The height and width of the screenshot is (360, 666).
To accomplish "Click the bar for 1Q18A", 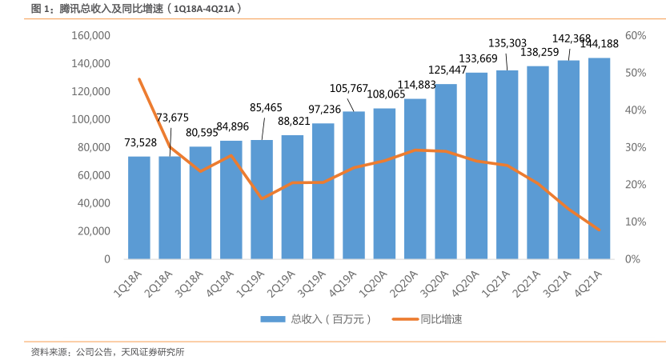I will [x=139, y=207].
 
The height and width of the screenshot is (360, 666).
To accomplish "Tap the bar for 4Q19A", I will [x=354, y=185].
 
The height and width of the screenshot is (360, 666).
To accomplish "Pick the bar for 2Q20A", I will [x=415, y=178].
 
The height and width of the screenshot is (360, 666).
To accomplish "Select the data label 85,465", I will [x=266, y=106].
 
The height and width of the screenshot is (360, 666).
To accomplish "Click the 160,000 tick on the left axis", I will [x=90, y=36].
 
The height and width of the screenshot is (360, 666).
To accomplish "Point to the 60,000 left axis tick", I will [x=94, y=175].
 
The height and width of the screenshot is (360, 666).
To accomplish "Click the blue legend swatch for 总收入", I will [x=273, y=319].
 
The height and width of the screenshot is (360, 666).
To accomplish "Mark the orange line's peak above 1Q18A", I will [x=139, y=79].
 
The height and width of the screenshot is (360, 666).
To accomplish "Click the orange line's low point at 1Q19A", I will [x=262, y=198].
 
